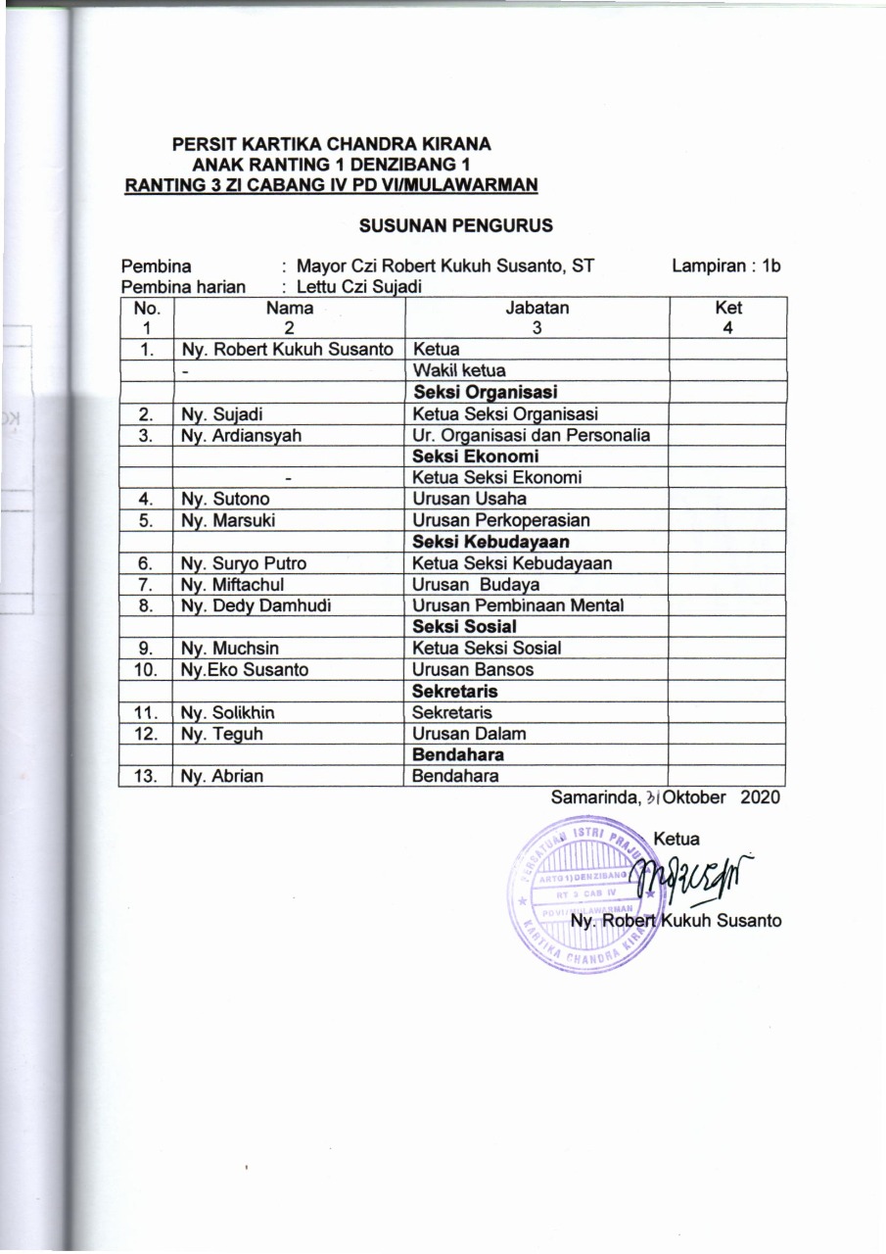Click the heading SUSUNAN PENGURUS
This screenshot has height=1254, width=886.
coord(456,225)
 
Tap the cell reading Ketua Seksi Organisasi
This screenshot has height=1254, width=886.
coord(506,414)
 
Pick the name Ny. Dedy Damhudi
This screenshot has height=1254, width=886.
coord(249,605)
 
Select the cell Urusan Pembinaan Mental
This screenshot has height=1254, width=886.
coord(518,605)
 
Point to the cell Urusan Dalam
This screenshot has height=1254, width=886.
coord(469,734)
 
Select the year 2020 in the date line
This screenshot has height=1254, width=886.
coord(761,797)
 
